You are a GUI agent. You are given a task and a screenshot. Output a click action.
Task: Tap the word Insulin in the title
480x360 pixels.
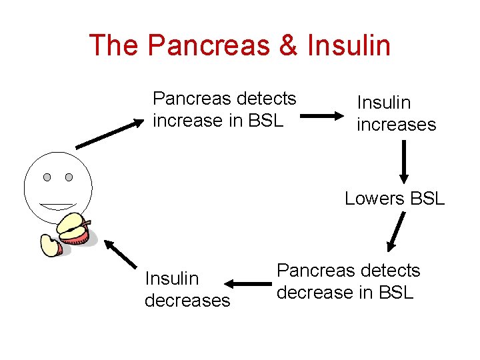[x=349, y=45]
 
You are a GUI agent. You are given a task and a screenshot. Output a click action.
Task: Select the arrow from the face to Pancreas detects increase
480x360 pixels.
[x=109, y=134]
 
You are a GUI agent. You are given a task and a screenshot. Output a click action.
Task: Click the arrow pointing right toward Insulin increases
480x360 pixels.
[x=324, y=115]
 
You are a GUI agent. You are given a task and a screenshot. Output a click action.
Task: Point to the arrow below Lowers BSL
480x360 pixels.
[x=397, y=231]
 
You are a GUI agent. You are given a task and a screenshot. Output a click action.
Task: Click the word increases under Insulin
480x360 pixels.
[x=396, y=125]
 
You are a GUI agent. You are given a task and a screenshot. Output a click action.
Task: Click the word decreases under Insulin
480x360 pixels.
[x=187, y=300]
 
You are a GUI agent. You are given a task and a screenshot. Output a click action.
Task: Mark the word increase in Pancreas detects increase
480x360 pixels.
[x=187, y=121]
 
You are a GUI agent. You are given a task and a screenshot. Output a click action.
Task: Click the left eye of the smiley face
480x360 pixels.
[x=47, y=177]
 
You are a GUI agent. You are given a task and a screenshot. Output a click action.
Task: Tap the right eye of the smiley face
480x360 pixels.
[x=69, y=177]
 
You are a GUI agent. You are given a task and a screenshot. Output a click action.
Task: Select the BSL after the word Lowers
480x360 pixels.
[x=427, y=198]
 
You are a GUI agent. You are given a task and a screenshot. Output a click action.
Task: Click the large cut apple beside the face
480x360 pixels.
[x=74, y=229]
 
